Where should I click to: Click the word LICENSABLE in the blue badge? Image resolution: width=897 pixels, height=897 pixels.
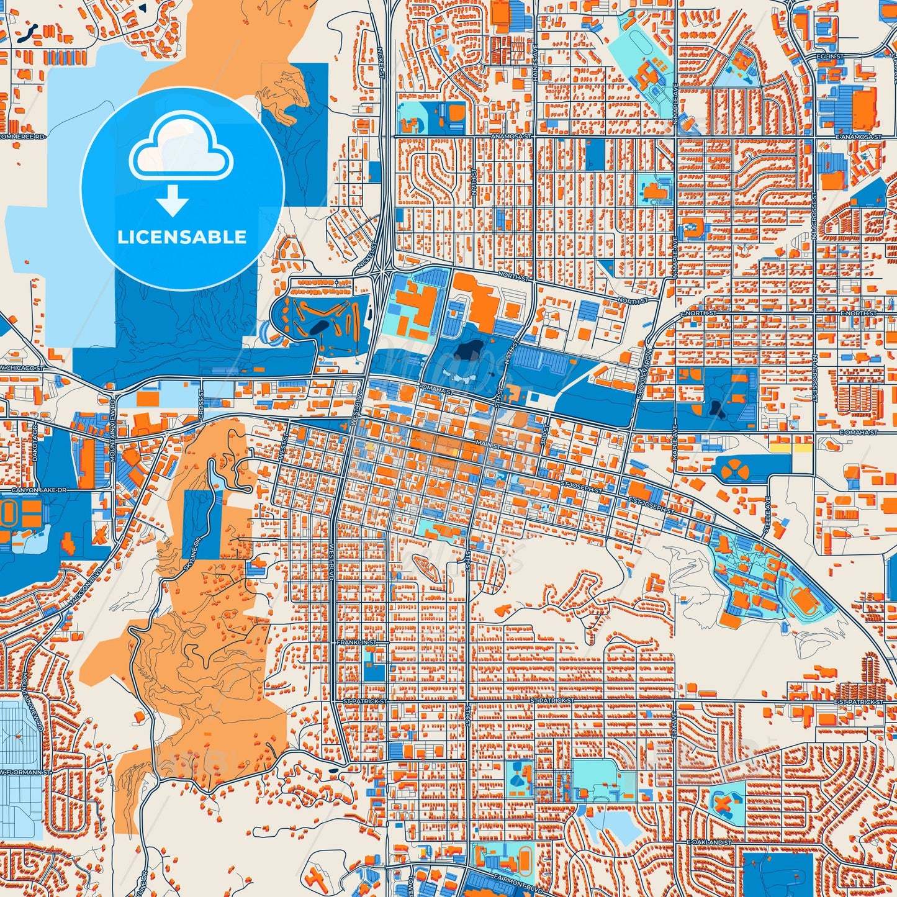coord(182,237)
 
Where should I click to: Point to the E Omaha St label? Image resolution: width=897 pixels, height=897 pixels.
coord(859,432)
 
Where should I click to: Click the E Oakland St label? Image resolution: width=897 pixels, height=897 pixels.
coord(710,842)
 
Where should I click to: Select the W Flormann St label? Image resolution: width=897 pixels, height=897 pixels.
coord(25,773)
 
